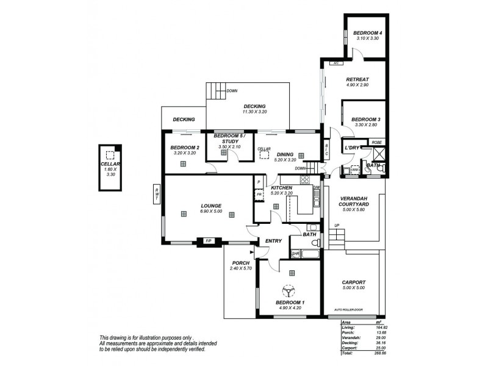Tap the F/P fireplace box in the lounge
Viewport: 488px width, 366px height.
[209, 242]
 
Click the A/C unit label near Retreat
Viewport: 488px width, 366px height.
[335, 63]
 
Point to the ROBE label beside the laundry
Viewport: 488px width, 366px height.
[376, 142]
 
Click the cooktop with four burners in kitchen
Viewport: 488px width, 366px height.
[305, 179]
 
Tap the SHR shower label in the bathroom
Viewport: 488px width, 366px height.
[295, 253]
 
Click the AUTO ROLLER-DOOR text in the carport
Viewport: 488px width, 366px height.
[353, 310]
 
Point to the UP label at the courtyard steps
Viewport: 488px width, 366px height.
[336, 226]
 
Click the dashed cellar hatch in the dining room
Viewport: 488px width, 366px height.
[264, 155]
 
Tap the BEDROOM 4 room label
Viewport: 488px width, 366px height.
[368, 32]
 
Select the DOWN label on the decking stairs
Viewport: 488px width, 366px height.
[232, 91]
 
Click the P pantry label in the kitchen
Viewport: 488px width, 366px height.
[259, 182]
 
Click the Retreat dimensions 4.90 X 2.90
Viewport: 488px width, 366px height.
[359, 85]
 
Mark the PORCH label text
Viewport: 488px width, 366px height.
[240, 263]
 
